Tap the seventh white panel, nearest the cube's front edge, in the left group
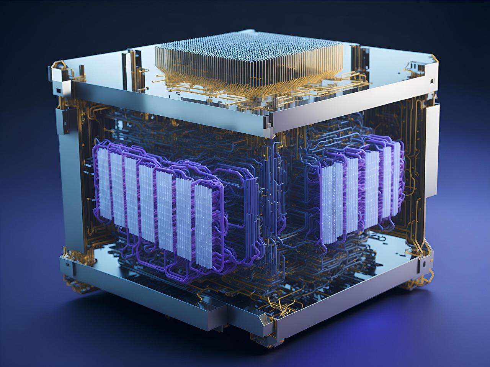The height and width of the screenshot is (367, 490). coord(203,226)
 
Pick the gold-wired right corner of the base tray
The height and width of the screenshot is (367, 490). coord(425,264)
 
